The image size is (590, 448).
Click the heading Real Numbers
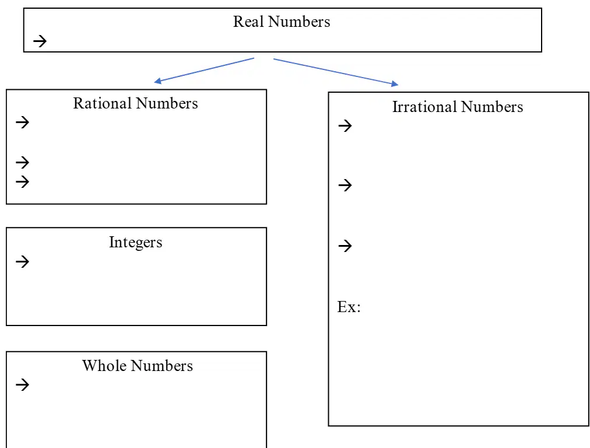tap(282, 22)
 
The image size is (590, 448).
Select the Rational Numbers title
tap(135, 103)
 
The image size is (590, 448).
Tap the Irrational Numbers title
tap(458, 107)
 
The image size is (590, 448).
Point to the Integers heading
tap(135, 243)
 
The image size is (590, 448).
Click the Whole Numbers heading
tap(138, 366)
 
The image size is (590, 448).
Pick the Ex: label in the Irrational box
tap(349, 307)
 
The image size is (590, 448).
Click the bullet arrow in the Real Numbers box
tap(40, 41)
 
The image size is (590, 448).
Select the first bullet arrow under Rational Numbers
tap(23, 122)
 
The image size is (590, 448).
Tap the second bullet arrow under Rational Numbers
tap(23, 162)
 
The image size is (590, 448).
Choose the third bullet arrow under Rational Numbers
tap(23, 181)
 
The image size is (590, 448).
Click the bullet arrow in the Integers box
tap(23, 261)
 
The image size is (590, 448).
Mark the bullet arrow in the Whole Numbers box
tap(23, 384)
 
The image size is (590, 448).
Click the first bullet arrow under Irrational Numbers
tap(345, 125)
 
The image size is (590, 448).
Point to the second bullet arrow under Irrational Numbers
tap(345, 185)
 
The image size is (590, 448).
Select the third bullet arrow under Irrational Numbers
tap(345, 246)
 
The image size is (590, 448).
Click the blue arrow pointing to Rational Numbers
tap(204, 70)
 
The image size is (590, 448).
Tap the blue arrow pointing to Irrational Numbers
tap(336, 72)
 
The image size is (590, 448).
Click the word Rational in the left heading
tap(103, 103)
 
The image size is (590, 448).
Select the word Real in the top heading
tap(248, 22)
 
